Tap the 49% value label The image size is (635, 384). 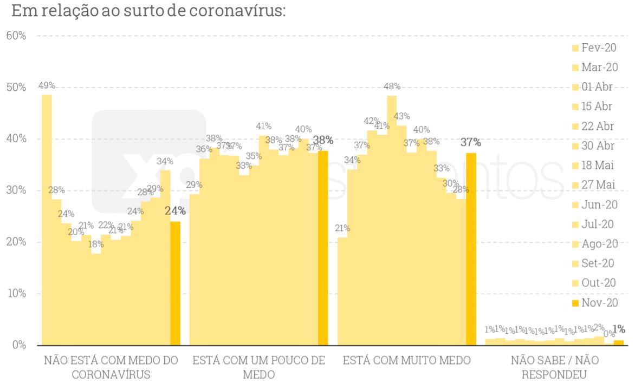click(47, 85)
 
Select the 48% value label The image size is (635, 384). click(392, 86)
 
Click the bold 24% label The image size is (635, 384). click(175, 211)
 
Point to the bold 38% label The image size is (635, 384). click(323, 140)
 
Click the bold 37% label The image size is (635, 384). click(471, 142)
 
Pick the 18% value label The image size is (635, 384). click(96, 243)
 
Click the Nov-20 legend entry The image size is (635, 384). click(594, 303)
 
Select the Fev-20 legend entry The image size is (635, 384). click(594, 48)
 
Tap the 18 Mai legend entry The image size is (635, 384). click(594, 165)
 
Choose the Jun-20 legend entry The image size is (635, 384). click(594, 205)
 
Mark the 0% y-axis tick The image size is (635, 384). click(19, 345)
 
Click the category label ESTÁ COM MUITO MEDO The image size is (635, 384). click(406, 360)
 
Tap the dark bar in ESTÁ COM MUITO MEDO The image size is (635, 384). click(471, 249)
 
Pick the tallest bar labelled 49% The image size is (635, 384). click(47, 216)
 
